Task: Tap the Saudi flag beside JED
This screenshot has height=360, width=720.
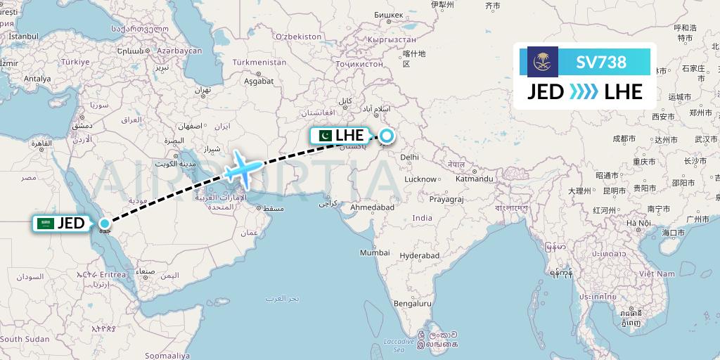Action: pyautogui.click(x=46, y=224)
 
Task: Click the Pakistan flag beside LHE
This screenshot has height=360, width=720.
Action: pyautogui.click(x=325, y=135)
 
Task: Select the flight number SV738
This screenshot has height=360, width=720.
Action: pyautogui.click(x=600, y=62)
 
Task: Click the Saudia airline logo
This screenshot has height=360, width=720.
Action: pyautogui.click(x=542, y=62)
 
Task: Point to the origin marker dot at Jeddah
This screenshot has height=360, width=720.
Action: pyautogui.click(x=104, y=224)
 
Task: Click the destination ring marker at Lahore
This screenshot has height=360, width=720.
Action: pyautogui.click(x=386, y=135)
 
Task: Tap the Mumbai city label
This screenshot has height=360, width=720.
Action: pyautogui.click(x=374, y=252)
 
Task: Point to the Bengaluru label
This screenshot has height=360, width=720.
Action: pyautogui.click(x=412, y=304)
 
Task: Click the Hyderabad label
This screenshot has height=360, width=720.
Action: pyautogui.click(x=420, y=255)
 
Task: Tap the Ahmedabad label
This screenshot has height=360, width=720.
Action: pyautogui.click(x=373, y=207)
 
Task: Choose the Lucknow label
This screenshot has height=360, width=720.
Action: pyautogui.click(x=420, y=179)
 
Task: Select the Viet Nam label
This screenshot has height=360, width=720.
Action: pyautogui.click(x=657, y=273)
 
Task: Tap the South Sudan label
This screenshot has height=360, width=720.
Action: pyautogui.click(x=25, y=339)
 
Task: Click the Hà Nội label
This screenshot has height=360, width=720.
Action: pyautogui.click(x=639, y=223)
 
